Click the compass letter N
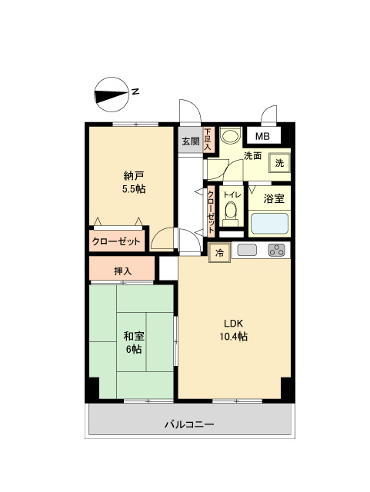[135, 91]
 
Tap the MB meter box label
[262, 137]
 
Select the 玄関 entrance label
[191, 141]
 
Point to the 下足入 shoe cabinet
[208, 139]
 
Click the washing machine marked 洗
[279, 163]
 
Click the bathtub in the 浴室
[269, 224]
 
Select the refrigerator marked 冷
[219, 253]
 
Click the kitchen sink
[247, 250]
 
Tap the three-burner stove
[276, 250]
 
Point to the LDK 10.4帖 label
[233, 330]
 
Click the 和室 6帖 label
[134, 342]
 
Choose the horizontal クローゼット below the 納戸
[117, 241]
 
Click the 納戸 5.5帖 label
[133, 183]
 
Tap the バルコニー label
[189, 424]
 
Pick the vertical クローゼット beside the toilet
[210, 212]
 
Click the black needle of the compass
[112, 95]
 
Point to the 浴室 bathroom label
[274, 198]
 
